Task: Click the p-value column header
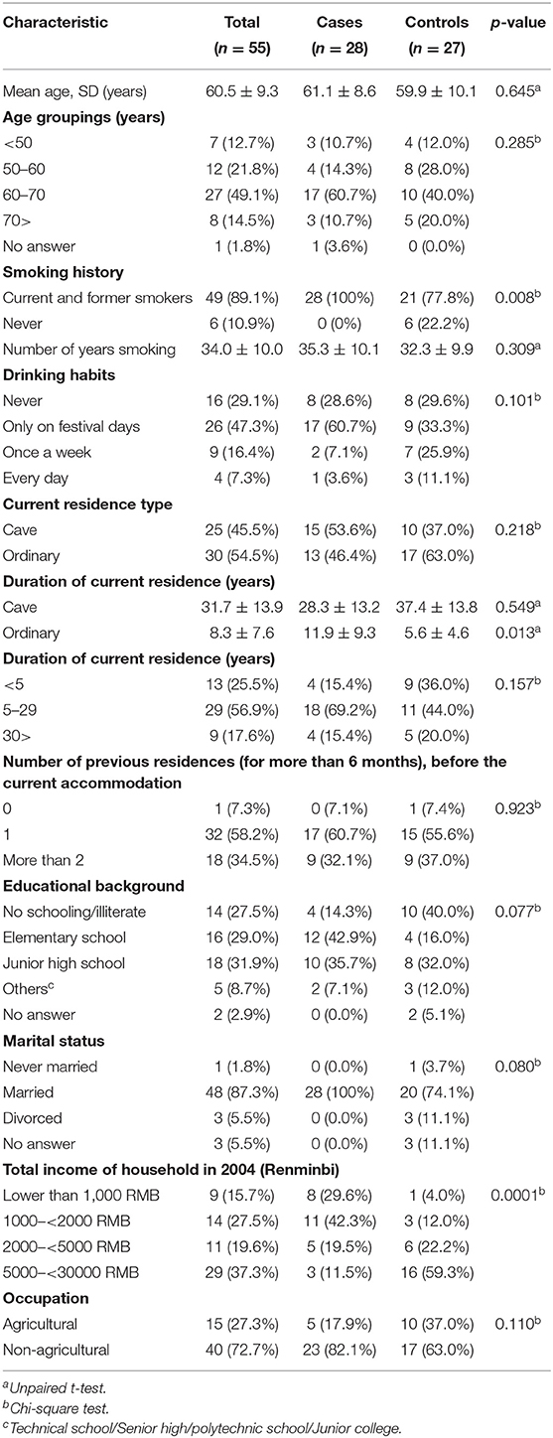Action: coord(517,23)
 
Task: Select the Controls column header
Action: coord(437,23)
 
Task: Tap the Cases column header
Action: coord(340,23)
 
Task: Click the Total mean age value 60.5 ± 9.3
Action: coord(242,91)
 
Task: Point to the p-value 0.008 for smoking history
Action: coord(518,297)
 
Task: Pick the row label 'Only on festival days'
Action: coord(71,427)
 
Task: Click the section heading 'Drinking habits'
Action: coord(59,375)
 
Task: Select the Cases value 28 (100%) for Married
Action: coord(340,1092)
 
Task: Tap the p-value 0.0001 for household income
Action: coord(516,1196)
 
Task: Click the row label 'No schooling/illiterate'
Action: coord(74,913)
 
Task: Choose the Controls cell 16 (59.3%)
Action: coord(437,1272)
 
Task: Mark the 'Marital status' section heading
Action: coord(54,1042)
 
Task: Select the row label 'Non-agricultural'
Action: coord(57,1350)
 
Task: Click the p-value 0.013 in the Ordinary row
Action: coord(518,633)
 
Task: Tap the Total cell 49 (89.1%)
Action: coord(242,298)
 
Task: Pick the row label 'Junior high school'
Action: coord(65,963)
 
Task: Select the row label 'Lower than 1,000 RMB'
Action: coord(81,1196)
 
